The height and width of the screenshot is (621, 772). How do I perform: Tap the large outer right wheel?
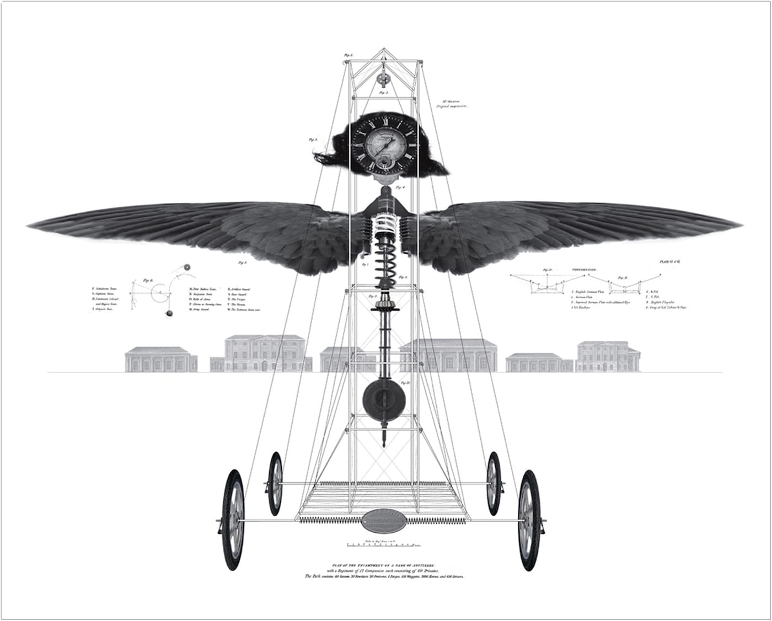529,513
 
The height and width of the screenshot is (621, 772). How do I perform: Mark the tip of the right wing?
742,226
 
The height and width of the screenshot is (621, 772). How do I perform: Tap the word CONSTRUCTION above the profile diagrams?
584,269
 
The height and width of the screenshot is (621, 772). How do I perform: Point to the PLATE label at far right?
670,263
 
